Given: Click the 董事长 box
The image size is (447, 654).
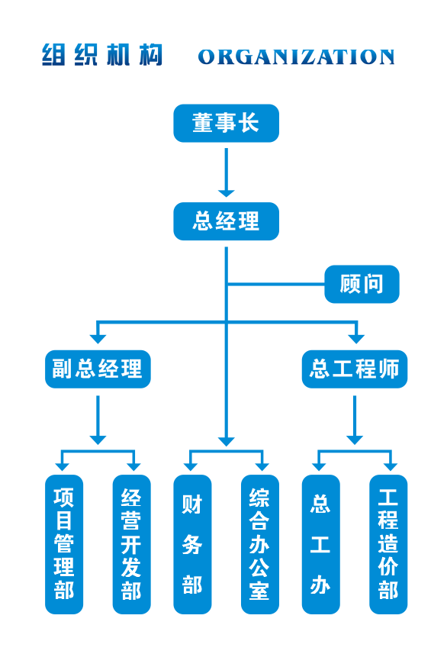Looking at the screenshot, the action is [x=226, y=123].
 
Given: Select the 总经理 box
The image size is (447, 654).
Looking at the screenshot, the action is [x=226, y=221].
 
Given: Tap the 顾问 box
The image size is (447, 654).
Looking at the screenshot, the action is [x=362, y=284].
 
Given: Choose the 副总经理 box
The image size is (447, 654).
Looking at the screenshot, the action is [x=98, y=369].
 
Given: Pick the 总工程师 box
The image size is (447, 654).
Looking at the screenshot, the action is [x=355, y=369].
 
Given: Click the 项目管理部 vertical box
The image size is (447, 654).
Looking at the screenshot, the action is [x=64, y=544].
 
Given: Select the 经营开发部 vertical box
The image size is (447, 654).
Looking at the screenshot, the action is [x=131, y=544].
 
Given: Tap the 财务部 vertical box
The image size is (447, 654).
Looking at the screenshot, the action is [x=192, y=544].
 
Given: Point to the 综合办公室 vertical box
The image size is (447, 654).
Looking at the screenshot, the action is [x=260, y=544].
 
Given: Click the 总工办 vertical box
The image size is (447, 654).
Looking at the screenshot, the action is [x=320, y=544].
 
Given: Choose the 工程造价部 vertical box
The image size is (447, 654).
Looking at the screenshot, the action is [x=388, y=544].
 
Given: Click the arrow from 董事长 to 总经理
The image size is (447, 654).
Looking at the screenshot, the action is [x=226, y=172].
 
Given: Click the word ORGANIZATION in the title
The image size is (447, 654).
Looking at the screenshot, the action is [x=296, y=57].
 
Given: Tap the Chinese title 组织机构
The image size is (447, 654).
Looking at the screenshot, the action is [x=101, y=55].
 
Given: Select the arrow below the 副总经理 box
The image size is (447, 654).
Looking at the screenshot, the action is [x=98, y=420].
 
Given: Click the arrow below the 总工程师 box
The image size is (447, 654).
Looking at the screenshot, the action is [x=355, y=420].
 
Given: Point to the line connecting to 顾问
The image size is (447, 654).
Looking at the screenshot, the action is [x=275, y=285].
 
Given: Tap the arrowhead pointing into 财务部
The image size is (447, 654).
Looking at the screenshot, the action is [x=191, y=467].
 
